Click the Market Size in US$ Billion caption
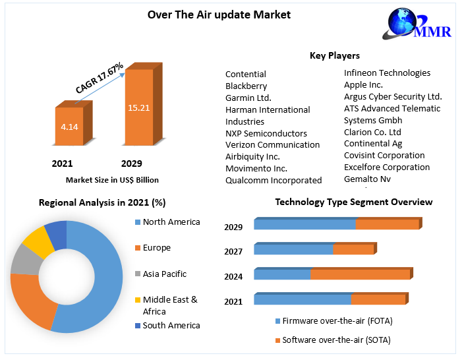point(112,179)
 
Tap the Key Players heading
point(335,55)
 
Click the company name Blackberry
point(246,86)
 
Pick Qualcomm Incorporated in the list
point(274,180)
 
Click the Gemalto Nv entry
point(367,179)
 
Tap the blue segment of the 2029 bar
point(304,225)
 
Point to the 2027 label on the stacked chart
point(233,251)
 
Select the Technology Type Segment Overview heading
point(353,202)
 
